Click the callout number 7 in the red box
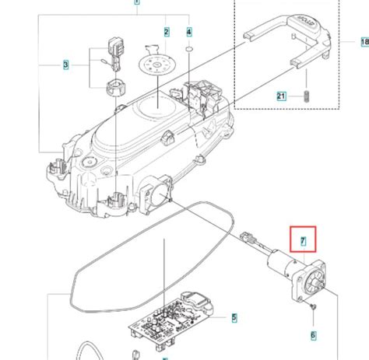pyautogui.click(x=302, y=242)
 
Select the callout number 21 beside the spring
pyautogui.click(x=282, y=96)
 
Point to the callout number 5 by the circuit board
pyautogui.click(x=234, y=317)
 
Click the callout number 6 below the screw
pyautogui.click(x=314, y=336)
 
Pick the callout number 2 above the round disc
pyautogui.click(x=166, y=32)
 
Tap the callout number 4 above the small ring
pyautogui.click(x=189, y=32)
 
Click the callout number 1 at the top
pyautogui.click(x=137, y=2)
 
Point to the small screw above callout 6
pyautogui.click(x=311, y=309)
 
